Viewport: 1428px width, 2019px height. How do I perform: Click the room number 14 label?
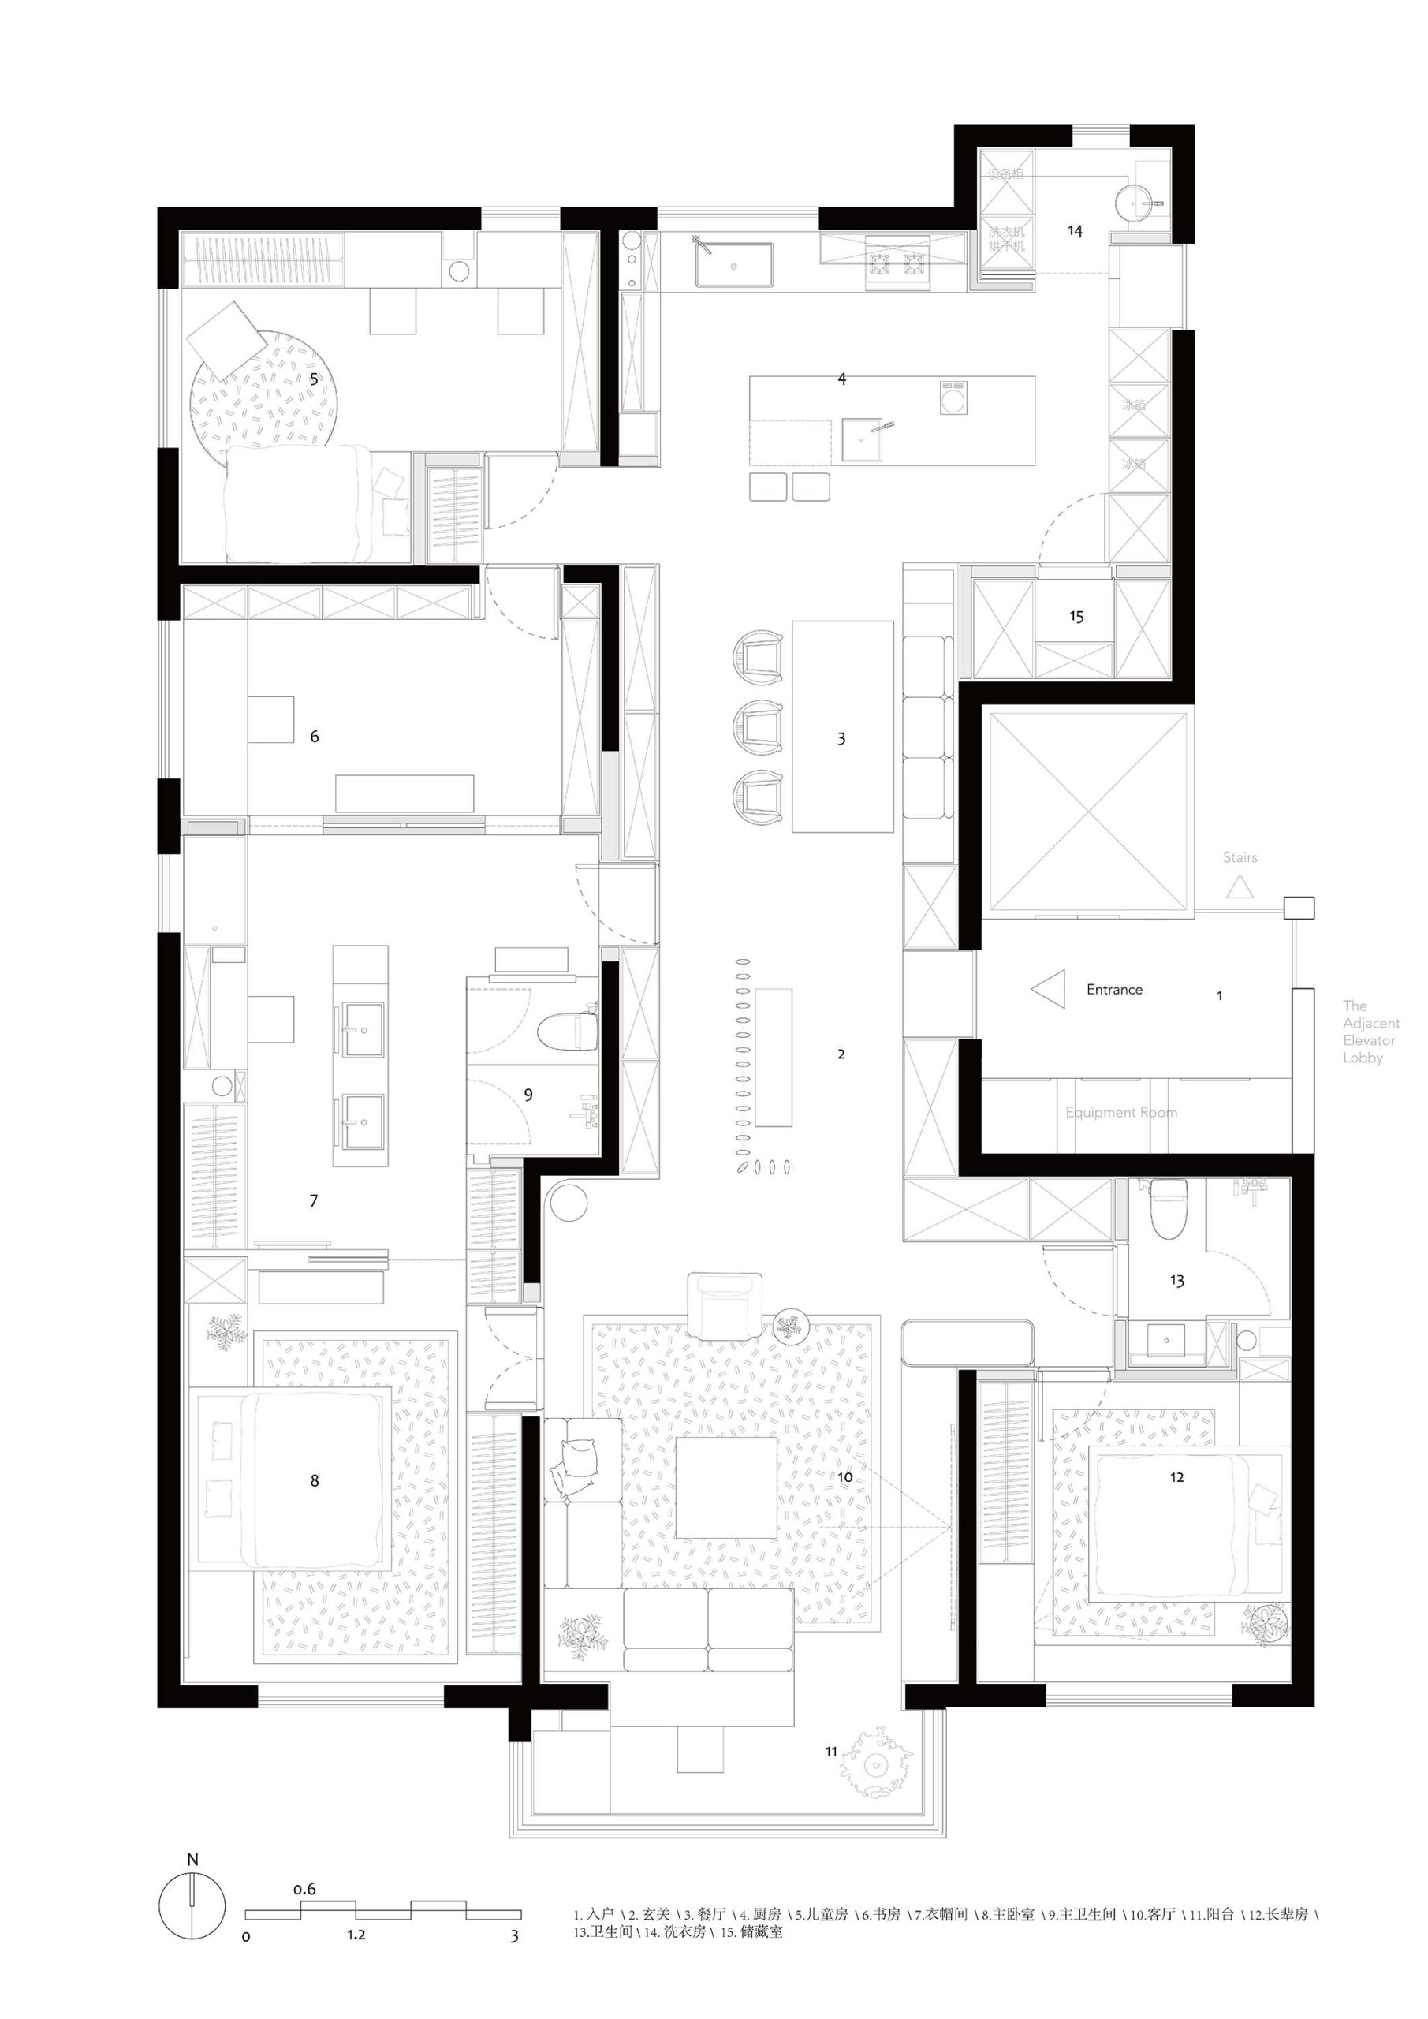[1075, 231]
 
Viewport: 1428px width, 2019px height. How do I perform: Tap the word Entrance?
[1114, 989]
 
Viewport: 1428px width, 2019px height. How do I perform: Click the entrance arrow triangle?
[1049, 989]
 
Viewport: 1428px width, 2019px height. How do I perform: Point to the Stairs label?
[1240, 857]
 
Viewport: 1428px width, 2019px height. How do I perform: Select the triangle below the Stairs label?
[1240, 886]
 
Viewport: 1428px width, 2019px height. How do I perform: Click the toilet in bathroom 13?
[1169, 1208]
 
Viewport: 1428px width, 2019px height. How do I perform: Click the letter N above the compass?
[192, 1859]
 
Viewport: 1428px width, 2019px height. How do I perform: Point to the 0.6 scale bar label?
[304, 1889]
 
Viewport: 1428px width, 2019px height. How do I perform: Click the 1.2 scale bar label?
[356, 1935]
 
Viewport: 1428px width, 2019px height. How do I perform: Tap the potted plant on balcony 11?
[876, 1764]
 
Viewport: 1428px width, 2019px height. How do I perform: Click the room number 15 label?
[1076, 618]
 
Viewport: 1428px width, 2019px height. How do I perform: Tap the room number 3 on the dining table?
[841, 739]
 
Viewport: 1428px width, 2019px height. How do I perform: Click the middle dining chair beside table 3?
[757, 727]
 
